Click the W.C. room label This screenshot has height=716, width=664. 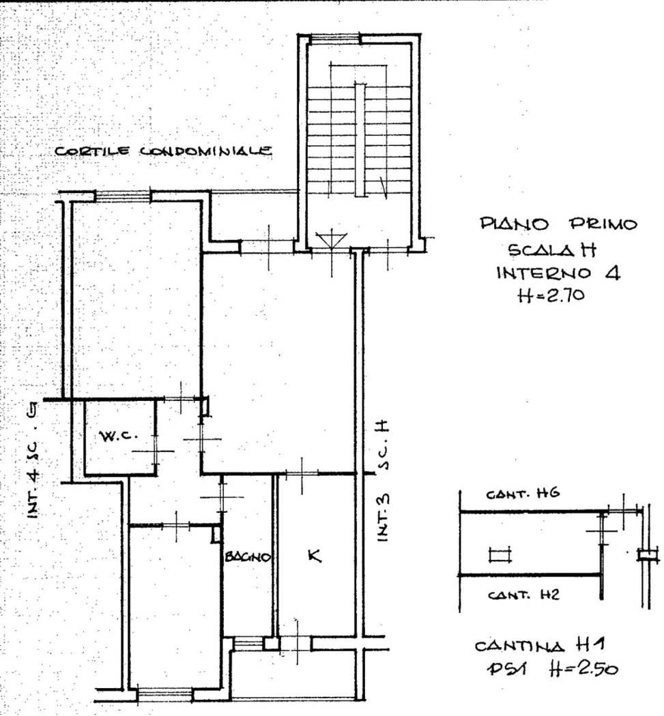[x=118, y=436]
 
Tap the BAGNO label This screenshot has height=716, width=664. [x=248, y=556]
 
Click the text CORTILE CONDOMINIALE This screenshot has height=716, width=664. [x=164, y=151]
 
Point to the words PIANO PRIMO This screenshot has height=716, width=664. [x=558, y=224]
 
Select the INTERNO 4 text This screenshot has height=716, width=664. [x=558, y=273]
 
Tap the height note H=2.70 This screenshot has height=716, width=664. [x=551, y=295]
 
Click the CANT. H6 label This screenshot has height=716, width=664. [x=522, y=494]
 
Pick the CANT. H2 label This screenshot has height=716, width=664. [x=523, y=595]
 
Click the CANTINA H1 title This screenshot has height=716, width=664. [x=540, y=646]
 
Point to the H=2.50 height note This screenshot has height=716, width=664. [x=583, y=669]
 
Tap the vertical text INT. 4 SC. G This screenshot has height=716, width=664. [x=33, y=460]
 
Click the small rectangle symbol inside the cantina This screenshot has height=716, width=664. [x=500, y=555]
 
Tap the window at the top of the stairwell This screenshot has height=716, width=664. [x=334, y=39]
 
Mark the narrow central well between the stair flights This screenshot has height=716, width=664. [x=360, y=140]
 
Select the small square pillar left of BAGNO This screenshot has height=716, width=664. [x=216, y=535]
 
